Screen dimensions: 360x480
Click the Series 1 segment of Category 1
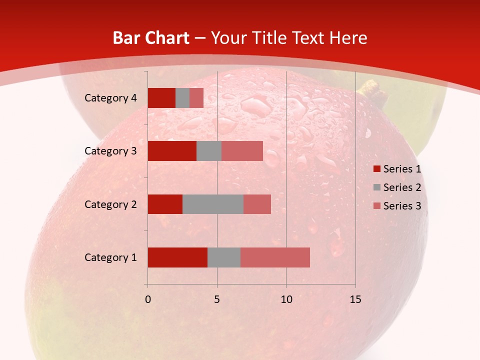coord(177,257)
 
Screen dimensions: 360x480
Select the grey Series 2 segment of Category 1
coord(224,257)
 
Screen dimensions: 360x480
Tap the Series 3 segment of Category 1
coord(275,257)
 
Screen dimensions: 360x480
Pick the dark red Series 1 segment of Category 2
coord(165,204)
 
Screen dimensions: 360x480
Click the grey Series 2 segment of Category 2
coord(213,204)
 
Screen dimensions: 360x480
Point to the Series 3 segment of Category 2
coord(257,204)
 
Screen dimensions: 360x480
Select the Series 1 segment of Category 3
coord(172,151)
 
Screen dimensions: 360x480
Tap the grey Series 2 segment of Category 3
coord(209,151)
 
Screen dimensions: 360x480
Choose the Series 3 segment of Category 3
coord(242,151)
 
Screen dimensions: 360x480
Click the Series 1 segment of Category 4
coord(161,98)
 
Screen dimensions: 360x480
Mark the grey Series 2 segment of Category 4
coord(182,98)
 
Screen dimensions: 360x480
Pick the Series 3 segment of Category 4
coord(196,98)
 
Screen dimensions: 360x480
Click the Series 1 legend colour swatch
coord(376,169)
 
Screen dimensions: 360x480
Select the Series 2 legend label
coord(402,187)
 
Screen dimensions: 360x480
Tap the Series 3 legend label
coord(402,206)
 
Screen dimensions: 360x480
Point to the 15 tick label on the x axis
coord(355,299)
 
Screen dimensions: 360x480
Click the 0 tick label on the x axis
coord(147,299)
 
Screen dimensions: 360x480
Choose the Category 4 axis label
coord(110,98)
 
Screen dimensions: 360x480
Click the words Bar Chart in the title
coord(151,38)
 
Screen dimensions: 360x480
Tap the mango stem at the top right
coord(370,88)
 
